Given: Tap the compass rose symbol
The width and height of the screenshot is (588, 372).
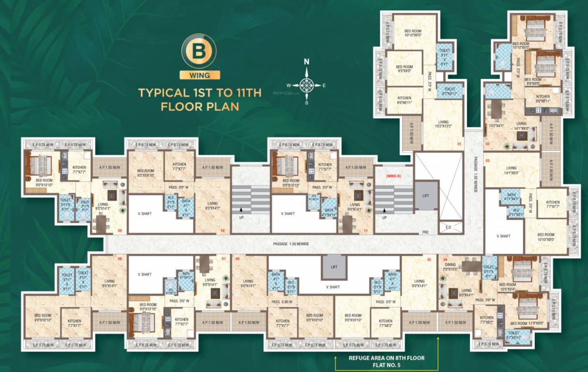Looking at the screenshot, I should tap(306, 84).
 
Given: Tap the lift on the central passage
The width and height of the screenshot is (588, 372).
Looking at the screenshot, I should tap(334, 266).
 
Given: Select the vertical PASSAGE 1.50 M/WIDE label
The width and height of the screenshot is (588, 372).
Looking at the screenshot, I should tap(475, 167).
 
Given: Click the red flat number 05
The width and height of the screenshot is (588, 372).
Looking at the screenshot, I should tap(429, 259).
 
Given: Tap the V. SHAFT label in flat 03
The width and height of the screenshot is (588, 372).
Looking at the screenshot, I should tap(503, 236).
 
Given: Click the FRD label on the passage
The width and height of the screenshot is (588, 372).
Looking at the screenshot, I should tap(425, 232).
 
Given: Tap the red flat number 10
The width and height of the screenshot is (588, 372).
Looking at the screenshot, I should tap(223, 231).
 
